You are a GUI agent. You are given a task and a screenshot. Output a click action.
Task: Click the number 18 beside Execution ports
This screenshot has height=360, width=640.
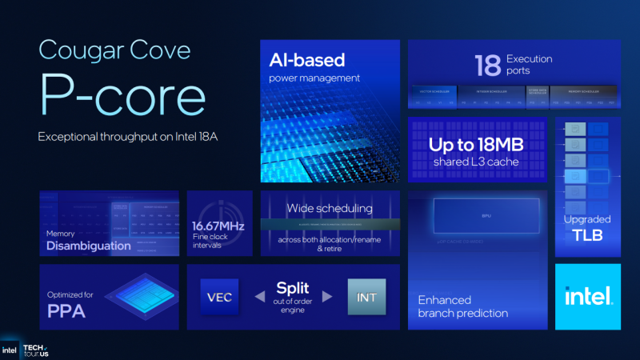click(489, 64)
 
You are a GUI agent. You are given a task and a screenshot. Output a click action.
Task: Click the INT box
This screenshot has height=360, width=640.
click(367, 297)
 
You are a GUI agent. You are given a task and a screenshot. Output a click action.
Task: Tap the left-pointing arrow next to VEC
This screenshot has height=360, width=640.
click(260, 297)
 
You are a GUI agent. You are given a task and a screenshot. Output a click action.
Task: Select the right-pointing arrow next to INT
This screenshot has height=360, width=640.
click(327, 297)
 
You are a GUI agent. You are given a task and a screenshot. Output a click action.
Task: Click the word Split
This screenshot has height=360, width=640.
click(293, 287)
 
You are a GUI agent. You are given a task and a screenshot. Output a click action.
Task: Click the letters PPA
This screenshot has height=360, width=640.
click(67, 310)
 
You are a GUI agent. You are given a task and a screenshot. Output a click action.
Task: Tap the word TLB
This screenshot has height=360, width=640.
click(587, 235)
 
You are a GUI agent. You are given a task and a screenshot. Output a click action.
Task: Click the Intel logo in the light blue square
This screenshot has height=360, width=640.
click(588, 297)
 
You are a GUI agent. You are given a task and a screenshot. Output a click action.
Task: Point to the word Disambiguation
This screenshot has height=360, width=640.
click(88, 246)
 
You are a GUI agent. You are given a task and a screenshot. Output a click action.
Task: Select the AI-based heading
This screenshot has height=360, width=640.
click(307, 60)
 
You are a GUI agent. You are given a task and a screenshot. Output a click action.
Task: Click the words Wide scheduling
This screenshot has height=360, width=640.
click(330, 209)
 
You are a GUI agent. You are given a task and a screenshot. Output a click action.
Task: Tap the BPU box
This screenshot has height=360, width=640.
click(486, 216)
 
